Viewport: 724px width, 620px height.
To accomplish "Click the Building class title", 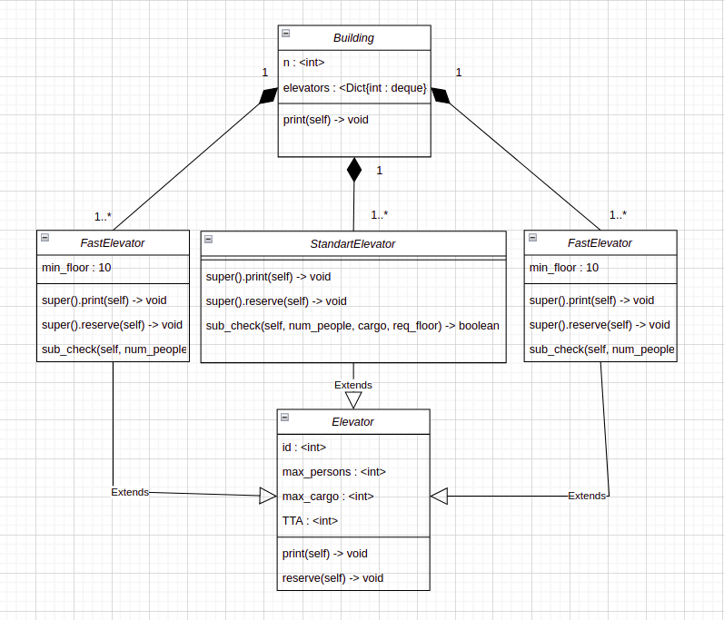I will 353,38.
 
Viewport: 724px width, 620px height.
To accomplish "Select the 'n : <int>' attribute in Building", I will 303,63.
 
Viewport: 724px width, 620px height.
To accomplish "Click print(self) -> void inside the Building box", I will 325,120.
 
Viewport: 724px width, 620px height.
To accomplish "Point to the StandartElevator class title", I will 353,243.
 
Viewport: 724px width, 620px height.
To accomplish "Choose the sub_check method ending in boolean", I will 352,326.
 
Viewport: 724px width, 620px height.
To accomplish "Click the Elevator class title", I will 353,422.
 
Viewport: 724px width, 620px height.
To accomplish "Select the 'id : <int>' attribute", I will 304,447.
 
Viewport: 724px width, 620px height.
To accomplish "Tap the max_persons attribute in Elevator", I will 334,472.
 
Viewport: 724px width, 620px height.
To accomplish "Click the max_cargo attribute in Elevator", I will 328,497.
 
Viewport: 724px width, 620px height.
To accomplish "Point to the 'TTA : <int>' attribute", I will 310,521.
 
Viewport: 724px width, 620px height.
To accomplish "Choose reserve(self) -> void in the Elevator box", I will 332,578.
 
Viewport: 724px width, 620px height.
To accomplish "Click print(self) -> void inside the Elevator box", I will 325,554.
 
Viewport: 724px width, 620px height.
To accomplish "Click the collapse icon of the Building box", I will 285,33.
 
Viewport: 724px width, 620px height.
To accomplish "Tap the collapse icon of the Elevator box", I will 285,417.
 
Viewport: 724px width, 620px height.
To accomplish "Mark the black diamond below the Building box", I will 353,169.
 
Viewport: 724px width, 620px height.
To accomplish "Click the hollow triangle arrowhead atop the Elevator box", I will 353,399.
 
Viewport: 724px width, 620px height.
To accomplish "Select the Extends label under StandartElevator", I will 353,385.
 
